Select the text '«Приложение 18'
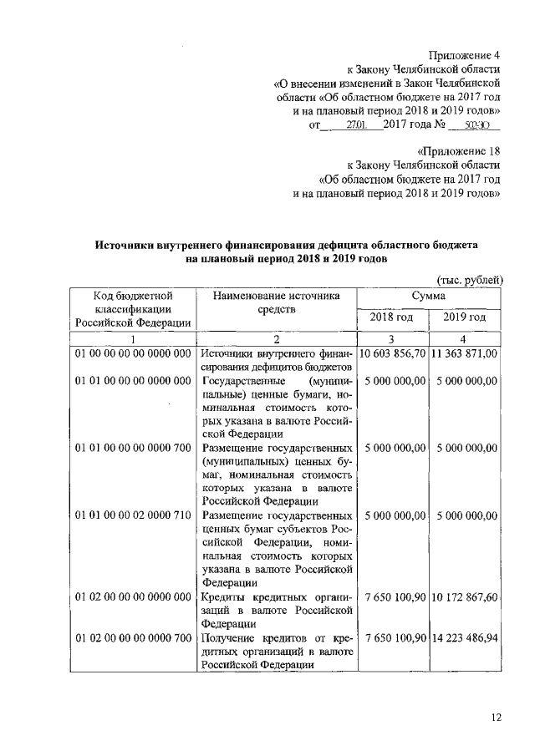tap(457, 149)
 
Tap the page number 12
tap(495, 716)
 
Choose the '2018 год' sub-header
tap(392, 318)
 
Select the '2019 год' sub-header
tap(465, 318)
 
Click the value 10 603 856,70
tap(392, 353)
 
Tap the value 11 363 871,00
tap(465, 353)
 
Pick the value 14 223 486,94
tap(465, 638)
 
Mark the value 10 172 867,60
tap(465, 597)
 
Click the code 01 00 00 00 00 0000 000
tap(133, 353)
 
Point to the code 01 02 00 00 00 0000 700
tap(133, 638)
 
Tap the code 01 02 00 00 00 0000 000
tap(133, 597)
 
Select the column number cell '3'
tap(392, 339)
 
